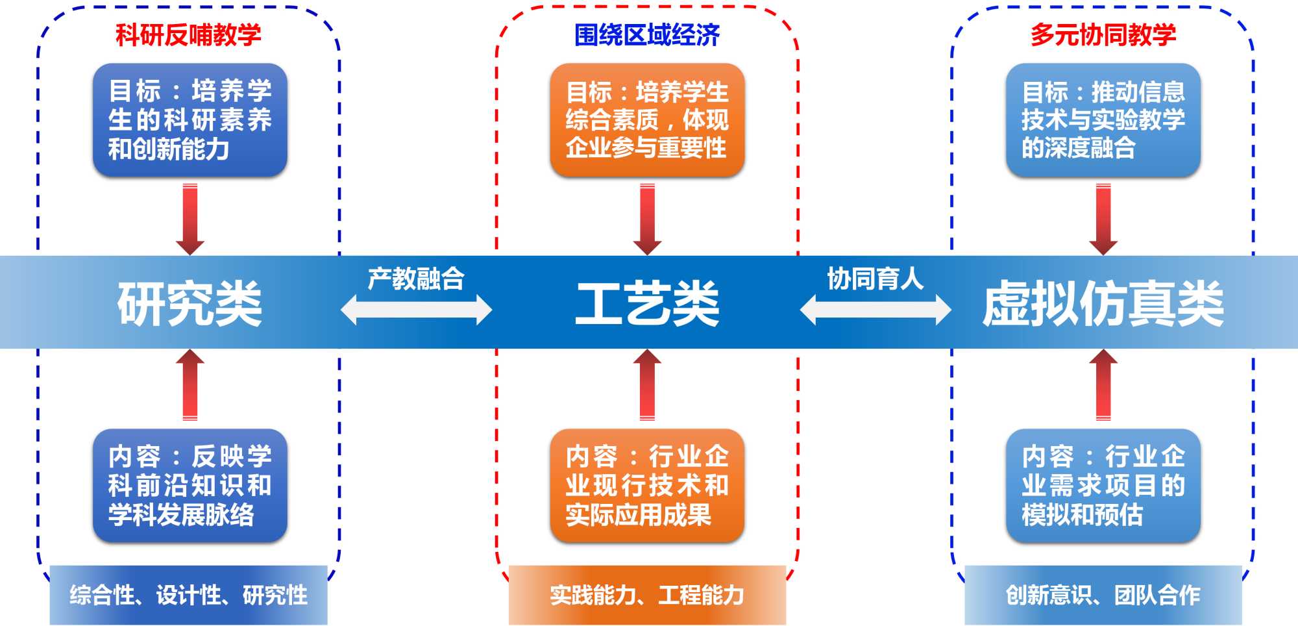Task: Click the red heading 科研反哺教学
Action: pyautogui.click(x=188, y=34)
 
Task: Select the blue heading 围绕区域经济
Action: pyautogui.click(x=647, y=34)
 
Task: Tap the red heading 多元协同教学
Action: pyautogui.click(x=1103, y=34)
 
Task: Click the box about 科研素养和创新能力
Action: pyautogui.click(x=190, y=119)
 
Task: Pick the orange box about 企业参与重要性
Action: pyautogui.click(x=647, y=119)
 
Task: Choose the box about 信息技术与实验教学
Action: pyautogui.click(x=1103, y=119)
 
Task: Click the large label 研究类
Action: pyautogui.click(x=190, y=303)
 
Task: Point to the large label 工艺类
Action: pyautogui.click(x=647, y=303)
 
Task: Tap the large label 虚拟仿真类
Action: pyautogui.click(x=1103, y=303)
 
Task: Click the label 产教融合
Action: pyautogui.click(x=416, y=278)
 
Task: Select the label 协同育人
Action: pyautogui.click(x=875, y=278)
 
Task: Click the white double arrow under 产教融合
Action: pyautogui.click(x=416, y=310)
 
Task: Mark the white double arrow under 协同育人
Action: pyautogui.click(x=875, y=310)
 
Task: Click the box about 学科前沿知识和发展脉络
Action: pyautogui.click(x=190, y=485)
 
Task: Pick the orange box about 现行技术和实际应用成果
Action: pyautogui.click(x=647, y=485)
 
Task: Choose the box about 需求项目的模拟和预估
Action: pyautogui.click(x=1103, y=485)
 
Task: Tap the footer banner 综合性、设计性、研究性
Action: pyautogui.click(x=188, y=595)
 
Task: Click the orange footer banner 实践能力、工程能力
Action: pyautogui.click(x=647, y=595)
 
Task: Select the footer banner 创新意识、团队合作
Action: pyautogui.click(x=1103, y=595)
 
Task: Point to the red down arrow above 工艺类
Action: pyautogui.click(x=647, y=219)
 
